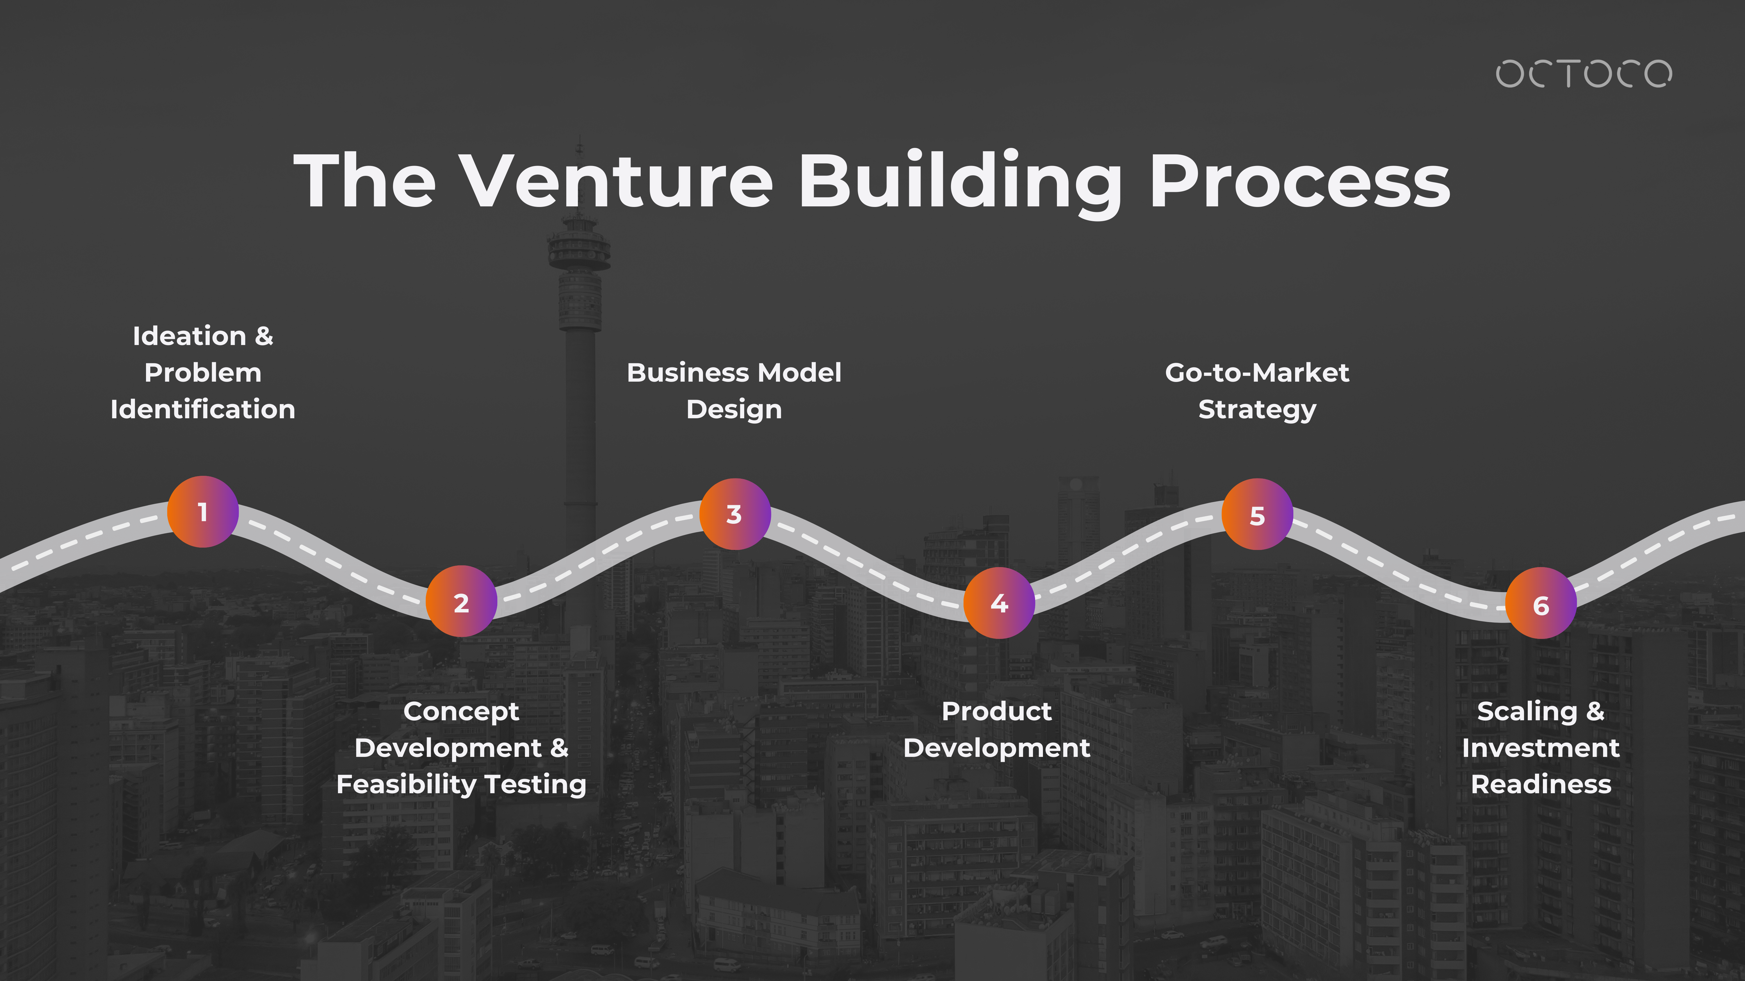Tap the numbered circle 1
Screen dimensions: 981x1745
pos(202,512)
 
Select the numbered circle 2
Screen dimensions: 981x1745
pos(461,601)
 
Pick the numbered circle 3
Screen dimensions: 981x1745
pos(734,514)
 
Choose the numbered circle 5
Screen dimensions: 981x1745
pos(1257,514)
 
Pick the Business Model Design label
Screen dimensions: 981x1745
pos(734,391)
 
